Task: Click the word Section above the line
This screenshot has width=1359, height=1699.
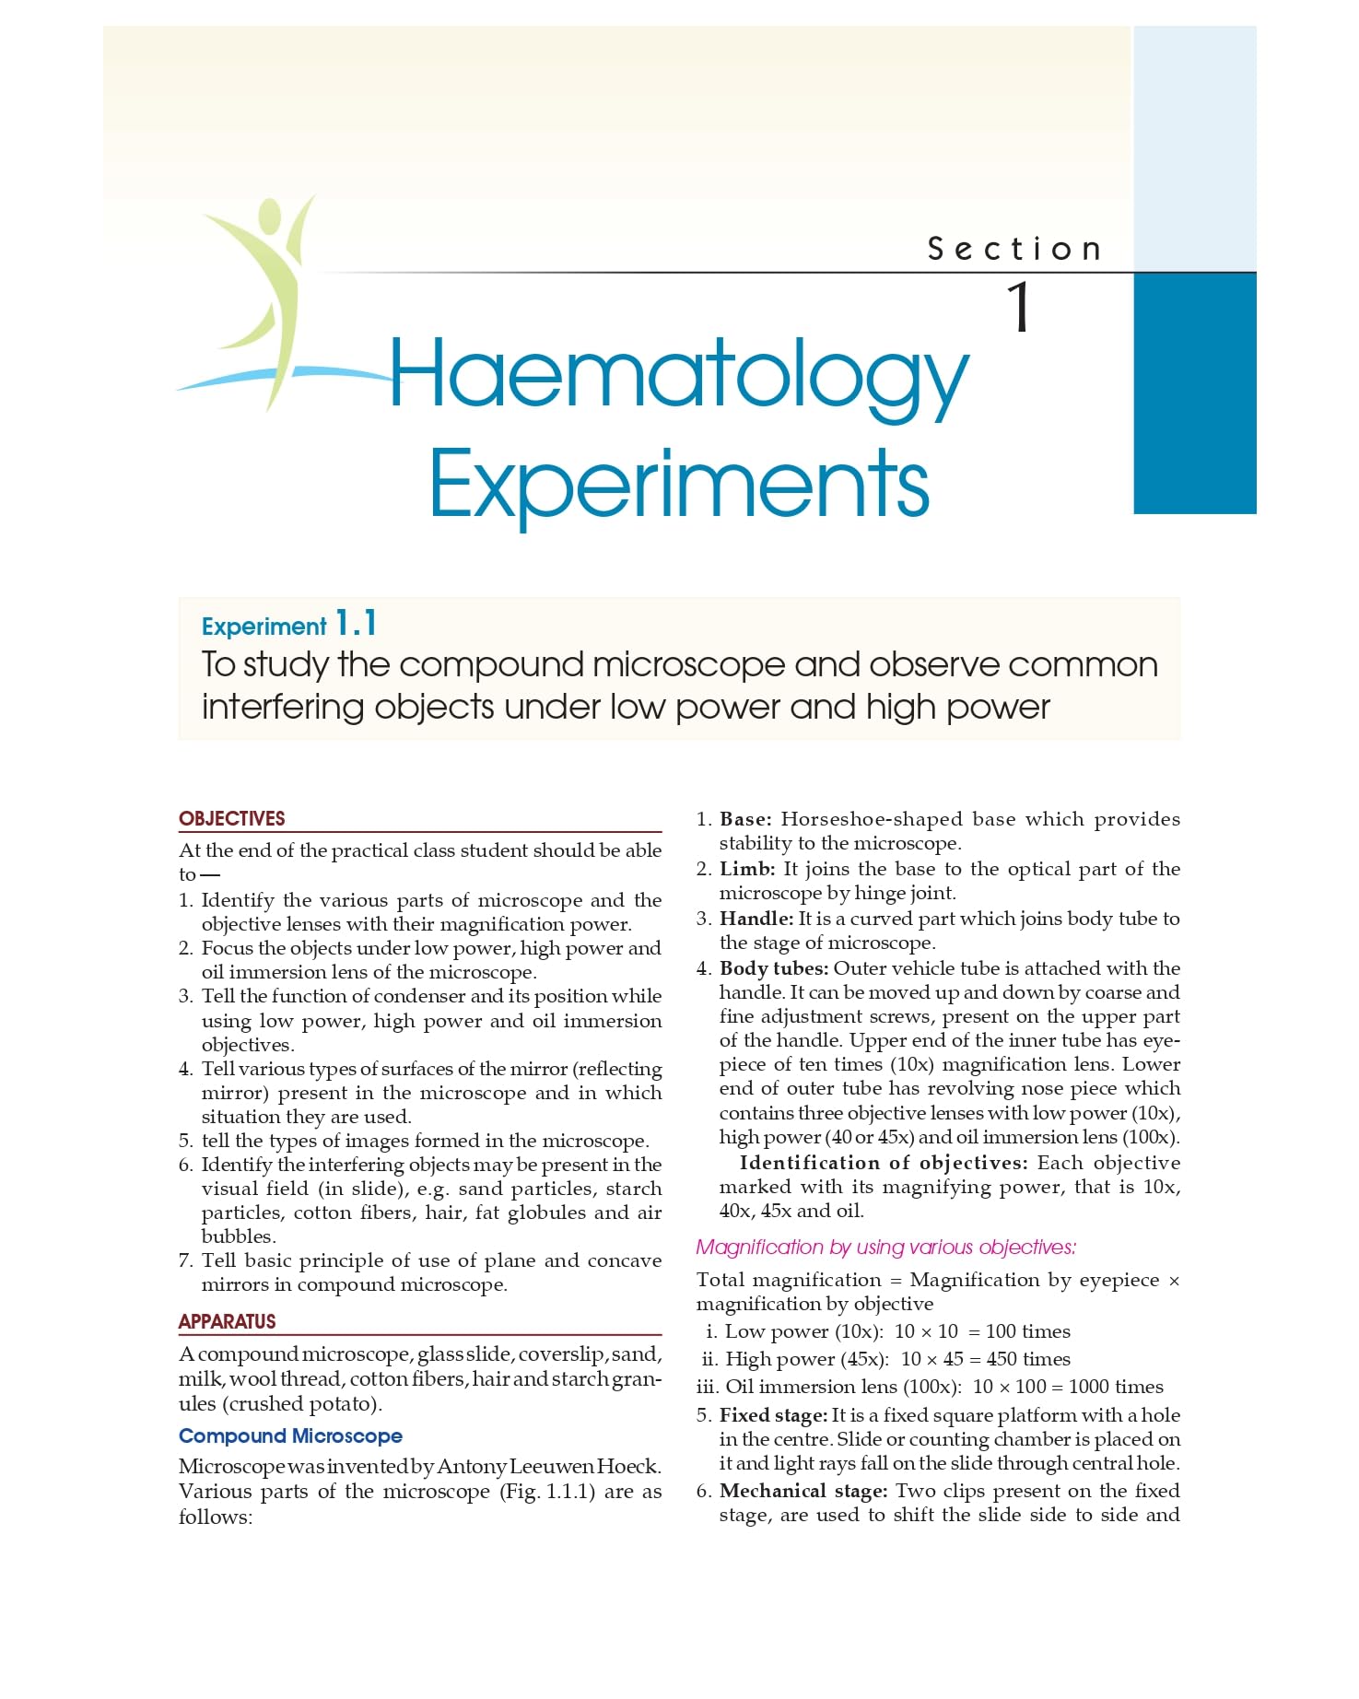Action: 1014,249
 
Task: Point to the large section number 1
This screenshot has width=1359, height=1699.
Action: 1018,308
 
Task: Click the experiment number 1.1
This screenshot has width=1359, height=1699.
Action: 356,624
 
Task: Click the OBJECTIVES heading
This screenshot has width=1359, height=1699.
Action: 232,818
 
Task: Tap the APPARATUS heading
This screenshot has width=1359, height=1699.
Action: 228,1321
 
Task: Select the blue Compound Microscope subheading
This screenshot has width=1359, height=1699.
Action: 290,1435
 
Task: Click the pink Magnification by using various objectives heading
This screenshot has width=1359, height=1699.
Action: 885,1247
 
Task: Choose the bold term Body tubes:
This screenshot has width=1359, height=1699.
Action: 774,968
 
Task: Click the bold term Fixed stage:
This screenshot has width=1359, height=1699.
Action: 774,1415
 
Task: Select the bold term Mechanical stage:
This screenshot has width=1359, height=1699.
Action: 803,1491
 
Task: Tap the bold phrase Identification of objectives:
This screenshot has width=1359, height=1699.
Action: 883,1163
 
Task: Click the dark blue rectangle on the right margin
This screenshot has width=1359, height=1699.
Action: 1194,393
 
